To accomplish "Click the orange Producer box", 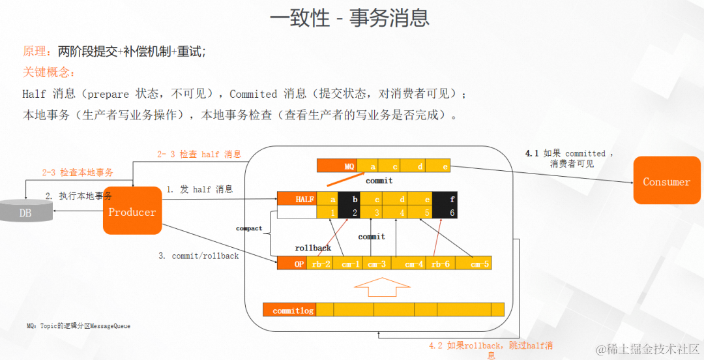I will (132, 211).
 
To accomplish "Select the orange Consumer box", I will (666, 181).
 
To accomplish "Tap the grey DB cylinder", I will (25, 210).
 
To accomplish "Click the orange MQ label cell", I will (338, 166).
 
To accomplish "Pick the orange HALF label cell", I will (297, 199).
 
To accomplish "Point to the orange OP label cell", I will (292, 263).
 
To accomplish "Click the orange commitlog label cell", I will (289, 310).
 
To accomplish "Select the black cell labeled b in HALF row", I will (355, 199).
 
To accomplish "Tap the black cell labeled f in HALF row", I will (452, 199).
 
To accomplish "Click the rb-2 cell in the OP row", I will (320, 263).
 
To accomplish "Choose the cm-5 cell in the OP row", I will (480, 263).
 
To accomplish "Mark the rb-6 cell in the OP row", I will (440, 263).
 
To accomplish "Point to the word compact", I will (249, 228).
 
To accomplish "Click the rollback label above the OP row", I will (313, 248).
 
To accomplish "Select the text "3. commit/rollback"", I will (199, 256).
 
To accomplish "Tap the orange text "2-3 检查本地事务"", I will (78, 173).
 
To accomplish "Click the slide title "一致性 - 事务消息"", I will (349, 18).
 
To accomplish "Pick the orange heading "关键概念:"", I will (49, 72).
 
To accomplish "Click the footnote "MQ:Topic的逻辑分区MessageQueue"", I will (78, 325).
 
